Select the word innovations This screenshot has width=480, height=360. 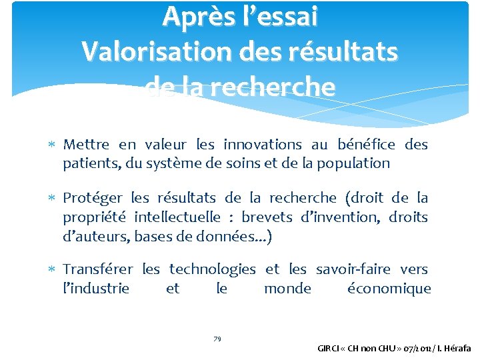tap(263, 145)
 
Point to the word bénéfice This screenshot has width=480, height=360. tap(365, 145)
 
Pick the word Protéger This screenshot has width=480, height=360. tap(93, 198)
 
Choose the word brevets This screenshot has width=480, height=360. tap(267, 217)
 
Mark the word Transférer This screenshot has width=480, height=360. tap(98, 269)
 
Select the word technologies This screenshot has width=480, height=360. tap(212, 269)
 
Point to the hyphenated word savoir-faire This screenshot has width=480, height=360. tap(353, 269)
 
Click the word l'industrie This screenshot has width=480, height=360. tap(96, 289)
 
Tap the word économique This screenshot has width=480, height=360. tap(389, 289)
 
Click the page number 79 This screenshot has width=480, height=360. tap(217, 339)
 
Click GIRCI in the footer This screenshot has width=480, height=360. tap(329, 348)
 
